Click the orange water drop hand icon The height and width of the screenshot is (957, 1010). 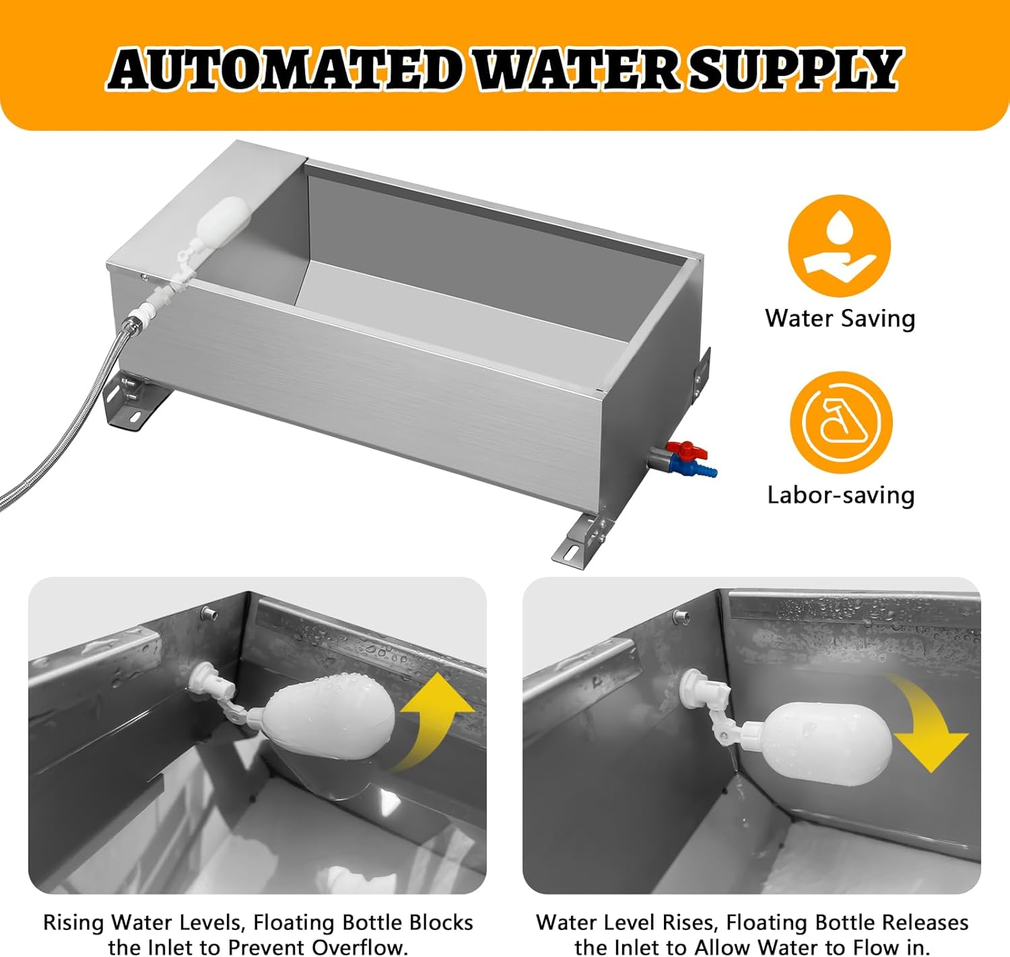(839, 246)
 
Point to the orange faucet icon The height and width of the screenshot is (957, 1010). (840, 423)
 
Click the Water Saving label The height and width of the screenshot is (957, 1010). (840, 318)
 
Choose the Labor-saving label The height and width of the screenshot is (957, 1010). (840, 495)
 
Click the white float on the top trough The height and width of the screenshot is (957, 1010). (226, 219)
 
